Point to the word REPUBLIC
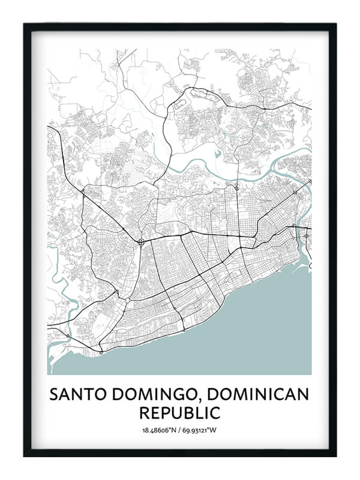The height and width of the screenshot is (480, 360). (179, 413)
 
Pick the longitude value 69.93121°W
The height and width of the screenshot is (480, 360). (200, 430)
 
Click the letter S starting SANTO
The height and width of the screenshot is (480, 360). (54, 394)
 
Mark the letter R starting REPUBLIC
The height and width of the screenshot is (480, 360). (144, 413)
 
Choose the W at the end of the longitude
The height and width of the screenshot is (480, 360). (214, 430)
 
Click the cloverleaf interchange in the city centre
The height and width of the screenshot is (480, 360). (140, 242)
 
